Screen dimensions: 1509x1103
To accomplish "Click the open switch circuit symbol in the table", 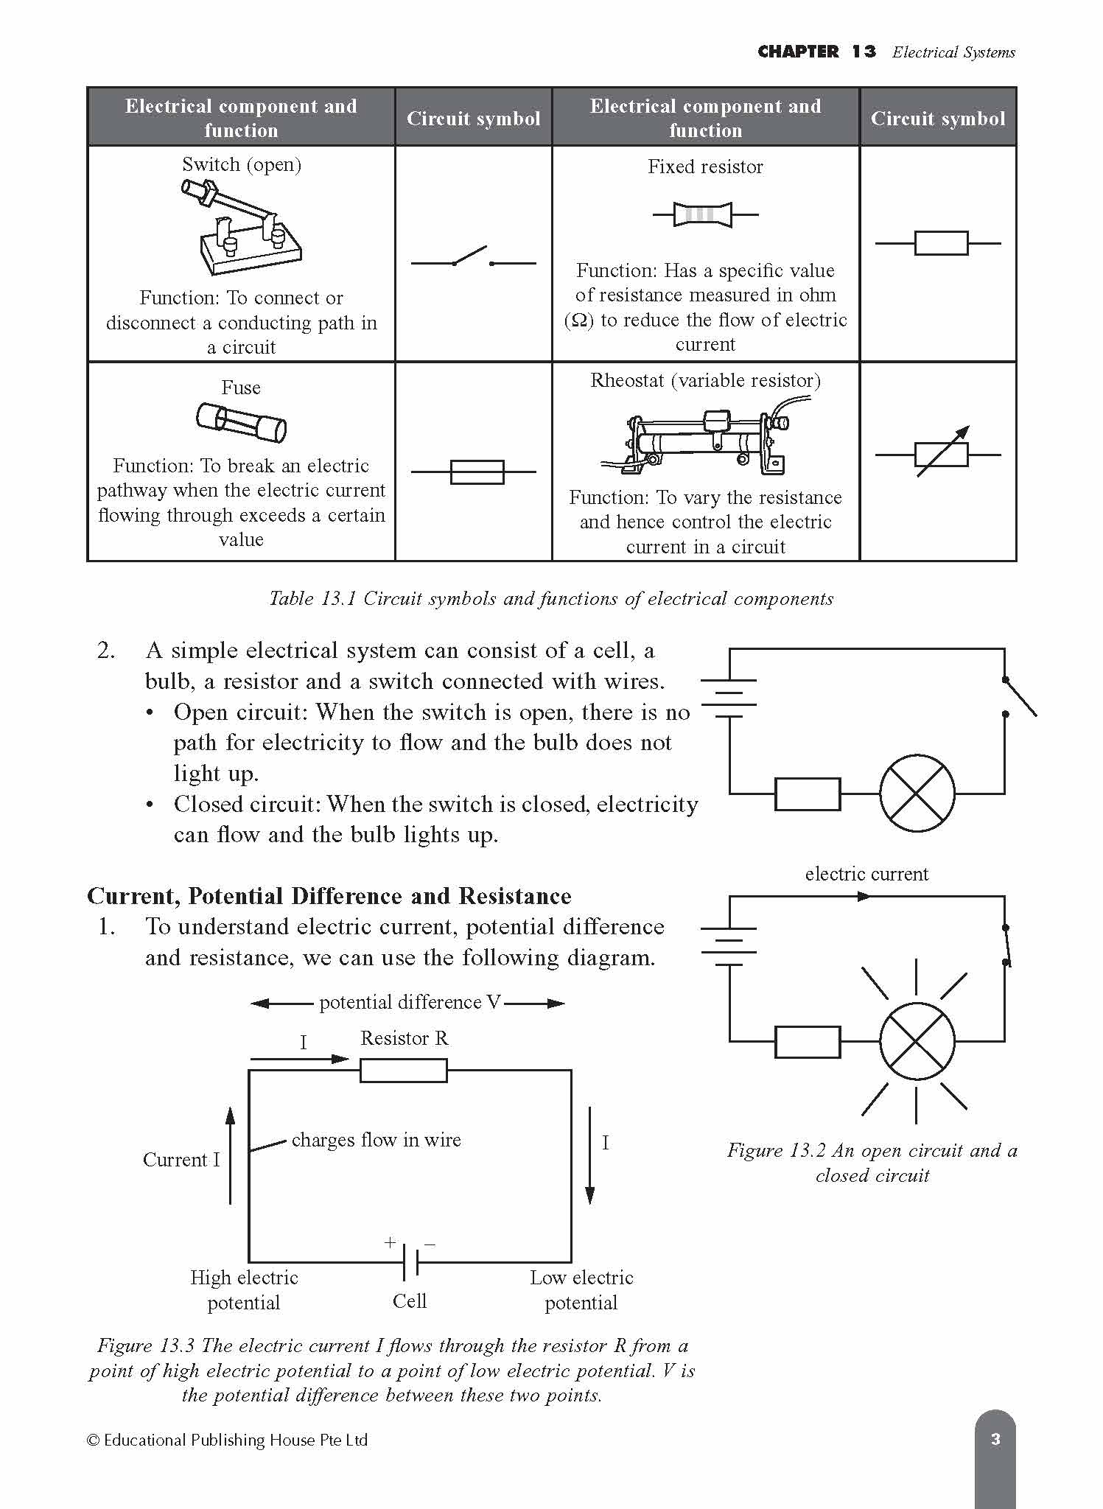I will click(473, 259).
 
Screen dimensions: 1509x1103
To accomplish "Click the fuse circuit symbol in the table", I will click(477, 472).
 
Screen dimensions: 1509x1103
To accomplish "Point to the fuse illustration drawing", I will click(241, 423).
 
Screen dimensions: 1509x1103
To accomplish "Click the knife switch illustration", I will click(241, 228).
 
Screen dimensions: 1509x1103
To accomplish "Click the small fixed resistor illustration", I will click(704, 214).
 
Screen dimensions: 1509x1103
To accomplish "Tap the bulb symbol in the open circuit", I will click(917, 794).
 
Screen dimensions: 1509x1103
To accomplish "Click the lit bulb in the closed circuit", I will click(917, 1041).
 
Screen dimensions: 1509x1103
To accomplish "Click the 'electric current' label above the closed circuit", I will click(866, 874).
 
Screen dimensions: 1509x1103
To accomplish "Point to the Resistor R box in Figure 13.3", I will click(403, 1070).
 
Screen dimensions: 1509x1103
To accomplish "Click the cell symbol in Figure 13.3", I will click(410, 1261).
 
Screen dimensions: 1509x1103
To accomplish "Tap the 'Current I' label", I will click(181, 1160).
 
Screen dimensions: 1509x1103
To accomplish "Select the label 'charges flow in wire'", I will click(376, 1140).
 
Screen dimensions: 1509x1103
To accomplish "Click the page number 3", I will click(995, 1439).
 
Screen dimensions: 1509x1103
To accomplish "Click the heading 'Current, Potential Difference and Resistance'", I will click(329, 896).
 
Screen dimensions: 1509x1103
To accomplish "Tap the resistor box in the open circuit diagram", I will click(808, 794).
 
